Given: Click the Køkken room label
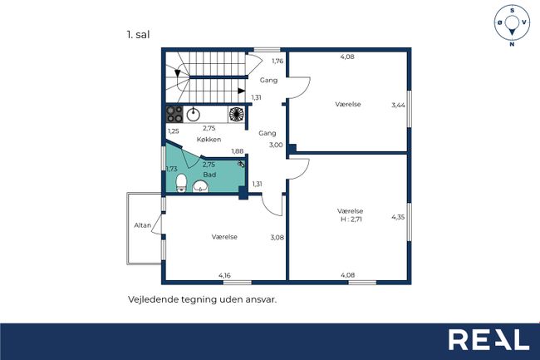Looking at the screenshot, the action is point(209,140).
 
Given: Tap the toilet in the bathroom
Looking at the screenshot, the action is point(181,183).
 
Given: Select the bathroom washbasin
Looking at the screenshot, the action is point(200,186).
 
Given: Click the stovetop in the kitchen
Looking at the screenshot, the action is point(174,115).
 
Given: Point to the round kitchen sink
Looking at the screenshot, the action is point(194,115).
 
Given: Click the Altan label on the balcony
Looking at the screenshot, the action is point(143,225).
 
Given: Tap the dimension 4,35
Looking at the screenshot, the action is point(398,217).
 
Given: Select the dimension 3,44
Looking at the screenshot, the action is point(398,105).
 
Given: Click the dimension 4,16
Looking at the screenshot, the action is point(224,275).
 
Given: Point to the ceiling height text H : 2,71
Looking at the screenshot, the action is point(350,219).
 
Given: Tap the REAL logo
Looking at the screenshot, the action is point(488,340).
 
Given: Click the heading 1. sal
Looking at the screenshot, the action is point(138,35).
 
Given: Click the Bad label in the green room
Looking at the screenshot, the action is point(209,175).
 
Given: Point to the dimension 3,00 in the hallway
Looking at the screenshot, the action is point(276,145).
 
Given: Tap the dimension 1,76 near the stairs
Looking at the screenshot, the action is point(277,61).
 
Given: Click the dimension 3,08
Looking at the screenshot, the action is point(277,237).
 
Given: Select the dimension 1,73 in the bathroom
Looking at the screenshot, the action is point(171,169).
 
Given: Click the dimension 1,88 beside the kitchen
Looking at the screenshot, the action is point(238,150).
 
